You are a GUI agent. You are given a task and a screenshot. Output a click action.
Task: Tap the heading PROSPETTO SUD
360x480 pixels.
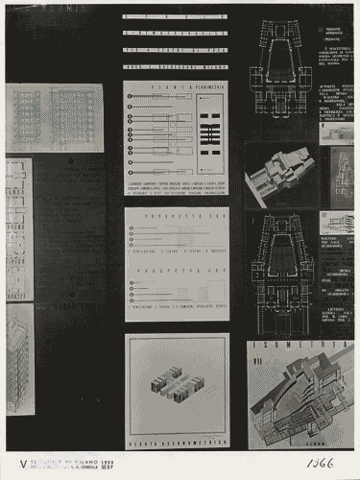coord(177,216)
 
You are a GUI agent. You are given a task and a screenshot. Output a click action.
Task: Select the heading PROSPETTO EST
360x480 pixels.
coord(177,272)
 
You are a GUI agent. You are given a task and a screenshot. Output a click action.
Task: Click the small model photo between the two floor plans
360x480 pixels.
coord(279,178)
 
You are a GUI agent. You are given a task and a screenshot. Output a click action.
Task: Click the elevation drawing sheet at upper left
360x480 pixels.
coord(55,117)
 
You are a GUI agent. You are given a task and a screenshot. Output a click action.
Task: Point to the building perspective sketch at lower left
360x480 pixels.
coord(20,360)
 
